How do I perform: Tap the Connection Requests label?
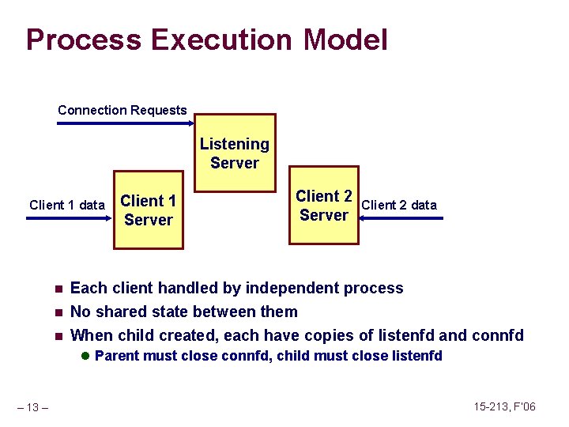pyautogui.click(x=122, y=110)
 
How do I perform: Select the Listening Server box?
pyautogui.click(x=234, y=153)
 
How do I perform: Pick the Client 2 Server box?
pyautogui.click(x=323, y=206)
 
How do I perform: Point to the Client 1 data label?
pyautogui.click(x=66, y=205)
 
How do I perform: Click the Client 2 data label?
pyautogui.click(x=398, y=205)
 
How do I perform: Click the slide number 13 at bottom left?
pyautogui.click(x=34, y=407)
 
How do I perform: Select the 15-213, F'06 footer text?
pyautogui.click(x=504, y=406)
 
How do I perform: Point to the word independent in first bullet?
pyautogui.click(x=296, y=288)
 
